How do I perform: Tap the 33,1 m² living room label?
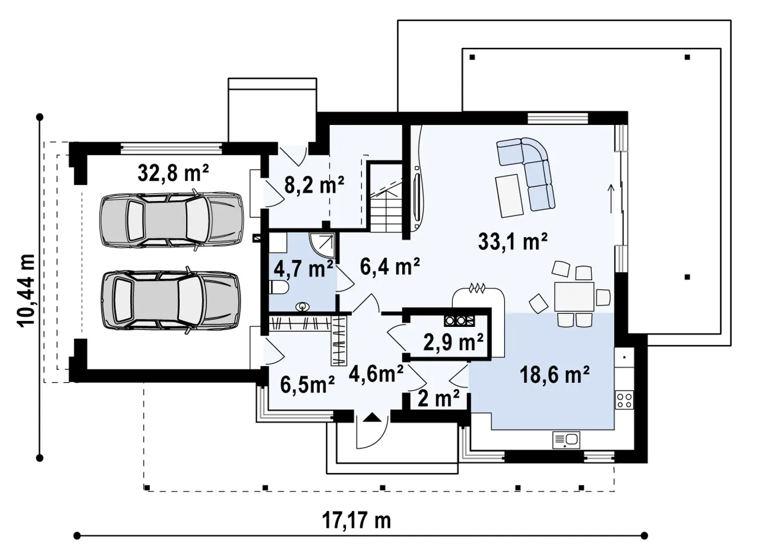[512, 241]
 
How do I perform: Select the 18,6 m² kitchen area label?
[554, 375]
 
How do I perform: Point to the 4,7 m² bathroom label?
[303, 269]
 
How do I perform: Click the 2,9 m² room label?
[453, 342]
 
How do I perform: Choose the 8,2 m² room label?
[314, 185]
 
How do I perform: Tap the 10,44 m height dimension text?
[26, 290]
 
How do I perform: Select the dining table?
[574, 296]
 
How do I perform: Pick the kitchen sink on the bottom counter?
[566, 440]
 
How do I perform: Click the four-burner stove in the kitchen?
[624, 400]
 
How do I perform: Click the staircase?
[386, 204]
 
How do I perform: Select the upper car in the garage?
[172, 220]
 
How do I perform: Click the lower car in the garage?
[171, 300]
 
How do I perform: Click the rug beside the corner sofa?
[509, 195]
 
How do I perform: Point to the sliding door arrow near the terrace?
[611, 199]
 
